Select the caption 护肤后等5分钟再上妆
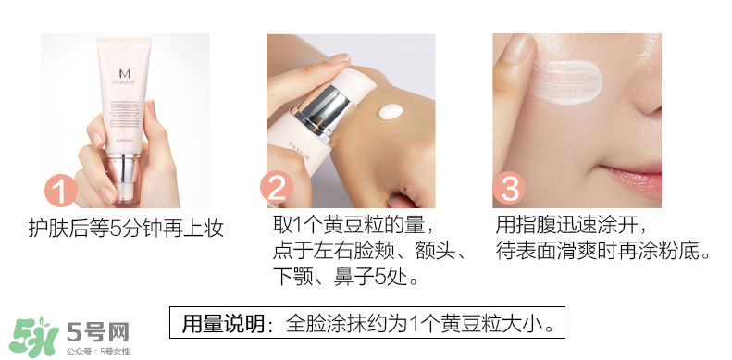(x=126, y=229)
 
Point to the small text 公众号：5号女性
(x=96, y=352)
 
